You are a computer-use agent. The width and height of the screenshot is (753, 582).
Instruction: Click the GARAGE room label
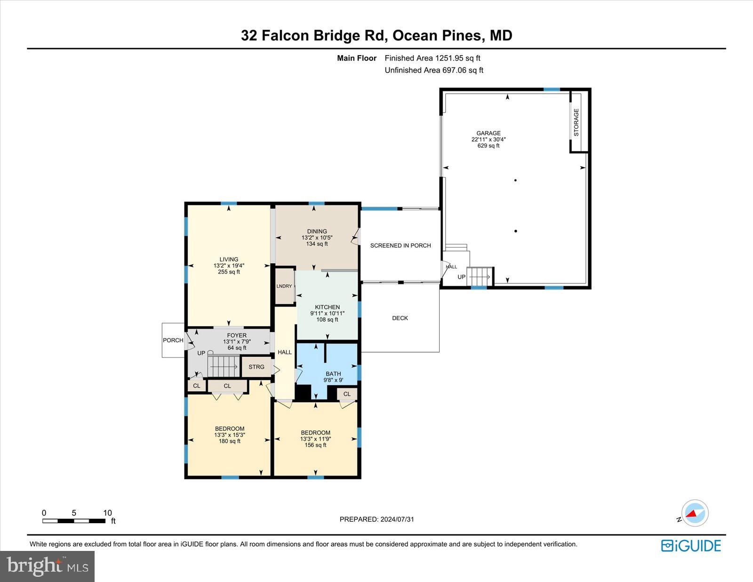489,133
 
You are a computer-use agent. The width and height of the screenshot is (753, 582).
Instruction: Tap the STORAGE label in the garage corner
577,122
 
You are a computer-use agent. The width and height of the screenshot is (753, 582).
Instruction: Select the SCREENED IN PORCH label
401,245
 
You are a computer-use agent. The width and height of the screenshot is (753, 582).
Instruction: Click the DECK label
400,318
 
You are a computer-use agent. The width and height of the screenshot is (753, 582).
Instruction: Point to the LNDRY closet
284,286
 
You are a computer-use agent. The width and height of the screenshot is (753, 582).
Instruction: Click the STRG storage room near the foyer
256,367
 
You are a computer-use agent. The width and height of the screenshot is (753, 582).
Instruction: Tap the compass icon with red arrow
695,513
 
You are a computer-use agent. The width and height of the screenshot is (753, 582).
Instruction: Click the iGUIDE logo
691,546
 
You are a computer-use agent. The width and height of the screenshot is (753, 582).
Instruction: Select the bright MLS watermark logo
48,566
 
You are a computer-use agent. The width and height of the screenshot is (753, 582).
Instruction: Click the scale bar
74,521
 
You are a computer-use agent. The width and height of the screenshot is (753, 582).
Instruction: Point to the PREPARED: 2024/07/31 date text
377,519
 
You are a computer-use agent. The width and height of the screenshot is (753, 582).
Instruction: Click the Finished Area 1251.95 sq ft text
433,58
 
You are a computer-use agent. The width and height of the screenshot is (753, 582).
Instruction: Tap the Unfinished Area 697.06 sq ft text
434,70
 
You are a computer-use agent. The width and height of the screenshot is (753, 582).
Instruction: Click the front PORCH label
173,340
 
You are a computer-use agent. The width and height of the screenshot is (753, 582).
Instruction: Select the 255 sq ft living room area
229,272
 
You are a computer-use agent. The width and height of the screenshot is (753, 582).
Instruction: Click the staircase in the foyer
224,366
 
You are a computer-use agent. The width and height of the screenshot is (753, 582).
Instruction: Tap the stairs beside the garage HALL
479,275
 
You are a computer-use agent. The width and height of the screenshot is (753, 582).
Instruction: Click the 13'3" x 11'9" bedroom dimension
315,439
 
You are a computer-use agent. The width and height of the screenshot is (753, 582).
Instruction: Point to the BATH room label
333,374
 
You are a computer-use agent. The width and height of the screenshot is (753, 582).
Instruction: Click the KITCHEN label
327,307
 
